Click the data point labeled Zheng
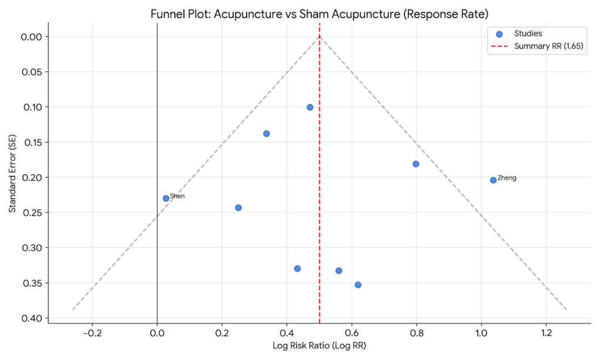[x=493, y=180]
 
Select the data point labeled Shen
[x=166, y=198]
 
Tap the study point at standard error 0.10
[x=310, y=107]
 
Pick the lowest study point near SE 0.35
[x=358, y=285]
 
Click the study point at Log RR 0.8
[x=416, y=164]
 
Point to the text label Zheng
[x=507, y=178]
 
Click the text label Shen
[x=178, y=196]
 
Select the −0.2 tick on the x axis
[x=92, y=333]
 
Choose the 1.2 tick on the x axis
[x=546, y=333]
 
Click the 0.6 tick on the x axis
[x=352, y=333]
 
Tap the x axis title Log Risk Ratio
[x=319, y=346]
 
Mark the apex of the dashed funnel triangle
[x=319, y=36]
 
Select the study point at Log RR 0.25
[x=238, y=208]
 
